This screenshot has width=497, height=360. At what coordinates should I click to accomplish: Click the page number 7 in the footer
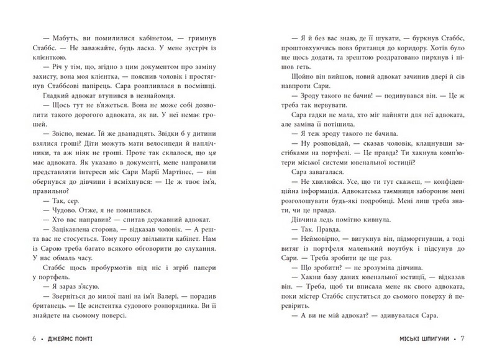point(472,340)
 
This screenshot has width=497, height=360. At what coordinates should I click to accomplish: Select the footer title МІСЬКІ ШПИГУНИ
point(422,340)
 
